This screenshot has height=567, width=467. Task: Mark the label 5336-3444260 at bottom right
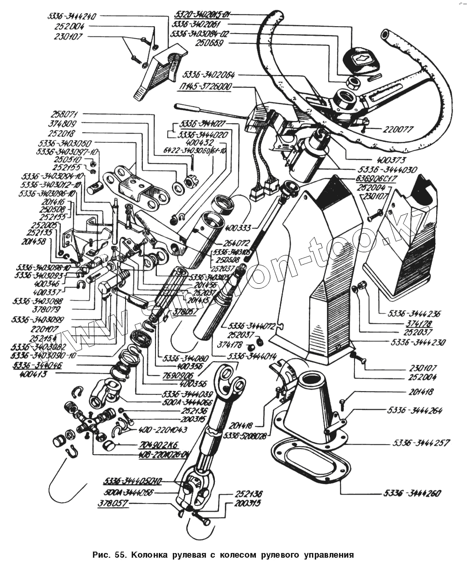pos(412,493)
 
